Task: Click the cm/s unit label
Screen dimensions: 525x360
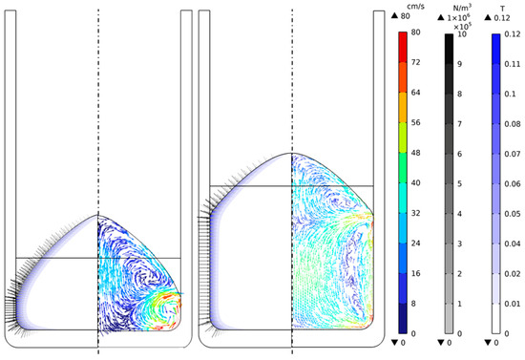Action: pos(415,7)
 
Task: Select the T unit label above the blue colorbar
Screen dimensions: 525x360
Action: pos(502,9)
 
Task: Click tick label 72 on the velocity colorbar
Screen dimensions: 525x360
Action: pos(415,62)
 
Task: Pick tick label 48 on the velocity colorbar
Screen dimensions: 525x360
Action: pos(415,153)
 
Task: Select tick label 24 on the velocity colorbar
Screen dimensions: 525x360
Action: pos(415,244)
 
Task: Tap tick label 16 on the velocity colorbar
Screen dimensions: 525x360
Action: pos(415,273)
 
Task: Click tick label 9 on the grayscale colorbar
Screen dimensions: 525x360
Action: pos(460,64)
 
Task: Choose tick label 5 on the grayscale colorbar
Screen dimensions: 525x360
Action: pos(460,184)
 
